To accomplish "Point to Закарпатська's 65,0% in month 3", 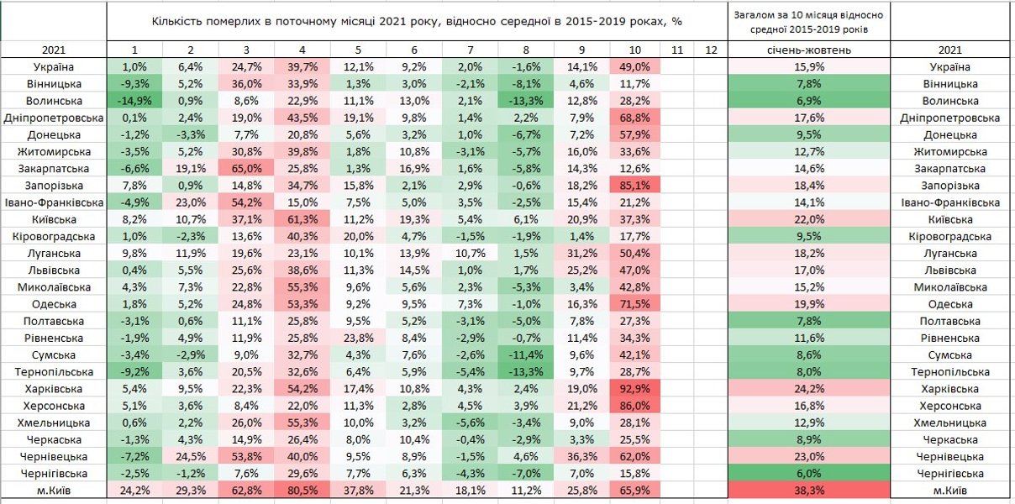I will pyautogui.click(x=246, y=169).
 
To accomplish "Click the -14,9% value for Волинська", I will pyautogui.click(x=134, y=101).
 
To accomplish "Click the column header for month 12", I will pyautogui.click(x=711, y=50).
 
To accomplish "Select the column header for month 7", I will pyautogui.click(x=470, y=50).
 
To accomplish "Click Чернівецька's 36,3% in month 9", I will pyautogui.click(x=581, y=456).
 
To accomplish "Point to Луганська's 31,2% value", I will pyautogui.click(x=581, y=253).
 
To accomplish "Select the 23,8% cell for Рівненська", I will pyautogui.click(x=358, y=338).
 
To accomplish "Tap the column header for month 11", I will pyautogui.click(x=677, y=50).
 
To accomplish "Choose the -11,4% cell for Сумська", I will pyautogui.click(x=525, y=354).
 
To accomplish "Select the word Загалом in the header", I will pyautogui.click(x=754, y=14).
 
